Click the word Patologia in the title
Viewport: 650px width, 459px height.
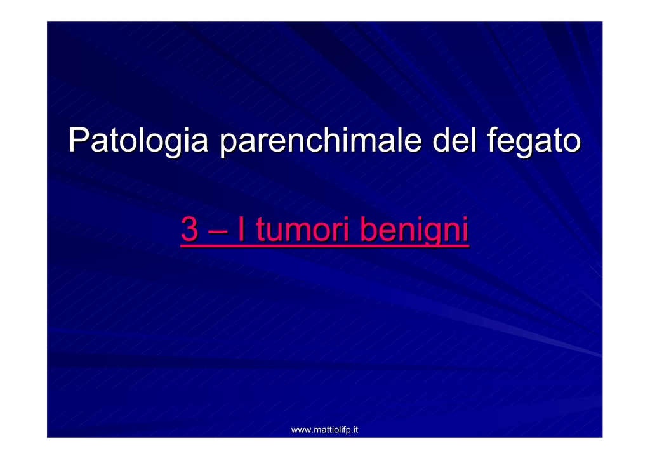click(138, 141)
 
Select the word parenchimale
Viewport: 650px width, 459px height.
click(321, 141)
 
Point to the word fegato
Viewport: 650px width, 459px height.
click(534, 141)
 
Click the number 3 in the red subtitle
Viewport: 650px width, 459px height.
click(190, 229)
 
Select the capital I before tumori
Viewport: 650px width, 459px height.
click(241, 229)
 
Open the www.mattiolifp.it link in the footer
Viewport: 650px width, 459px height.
click(324, 430)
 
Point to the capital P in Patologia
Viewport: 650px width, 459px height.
click(79, 139)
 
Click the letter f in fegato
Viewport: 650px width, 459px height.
click(493, 139)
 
